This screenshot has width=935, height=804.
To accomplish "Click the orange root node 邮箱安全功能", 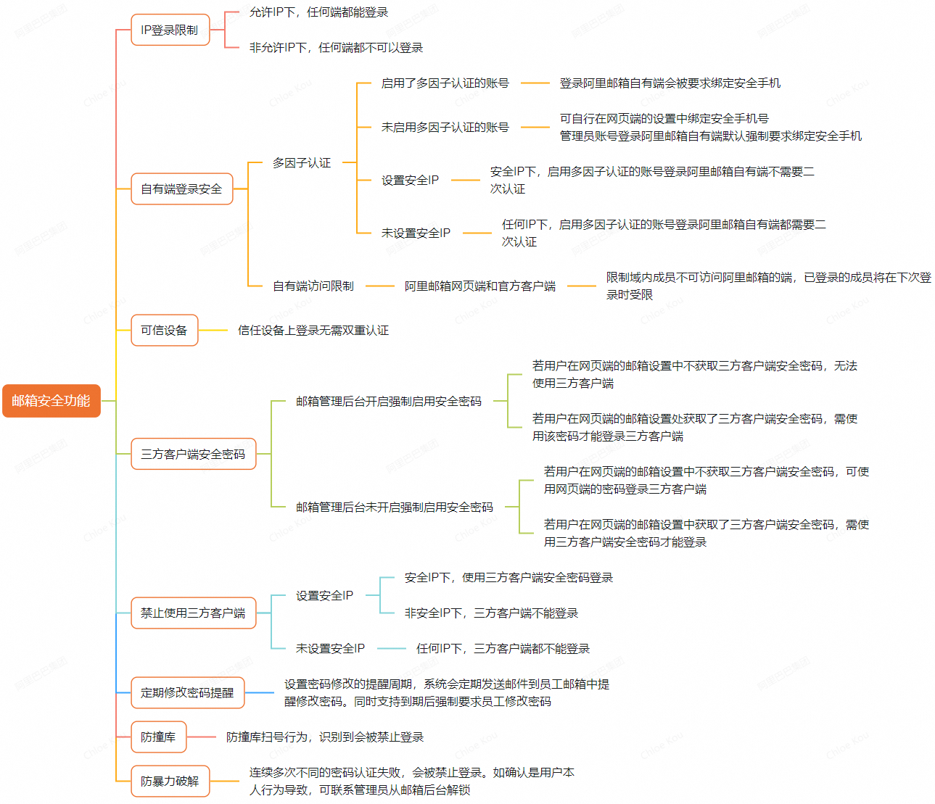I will point(51,401).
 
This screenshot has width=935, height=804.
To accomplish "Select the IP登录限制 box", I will point(170,30).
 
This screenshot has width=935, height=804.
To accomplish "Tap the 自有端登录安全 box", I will point(181,189).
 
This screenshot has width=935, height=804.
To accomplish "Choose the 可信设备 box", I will point(164,331).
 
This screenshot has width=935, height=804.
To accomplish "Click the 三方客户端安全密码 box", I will point(193,454).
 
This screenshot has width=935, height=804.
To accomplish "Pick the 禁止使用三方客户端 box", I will point(193,613).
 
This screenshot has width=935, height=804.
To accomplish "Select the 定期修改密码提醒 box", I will point(187,692).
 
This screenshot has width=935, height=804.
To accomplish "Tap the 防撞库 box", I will point(158,737).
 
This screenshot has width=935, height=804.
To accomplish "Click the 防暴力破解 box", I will point(170,781).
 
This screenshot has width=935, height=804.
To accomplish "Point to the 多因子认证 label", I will point(302,163).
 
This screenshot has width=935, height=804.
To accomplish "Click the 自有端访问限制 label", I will point(313,286).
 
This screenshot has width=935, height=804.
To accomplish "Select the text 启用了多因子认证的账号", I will point(445,83).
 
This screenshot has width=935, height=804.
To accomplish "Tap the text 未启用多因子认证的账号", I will point(445,128).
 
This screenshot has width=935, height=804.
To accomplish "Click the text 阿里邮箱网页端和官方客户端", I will point(480,286).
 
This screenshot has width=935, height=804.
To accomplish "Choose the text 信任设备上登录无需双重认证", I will point(313,331).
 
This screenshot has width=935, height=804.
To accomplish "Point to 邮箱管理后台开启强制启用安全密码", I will point(389,401).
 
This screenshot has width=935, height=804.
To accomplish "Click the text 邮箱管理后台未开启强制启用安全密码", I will point(395,507).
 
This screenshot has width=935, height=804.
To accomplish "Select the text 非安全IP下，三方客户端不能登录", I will point(492,613).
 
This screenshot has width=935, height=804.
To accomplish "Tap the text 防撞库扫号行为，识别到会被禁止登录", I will point(325,737).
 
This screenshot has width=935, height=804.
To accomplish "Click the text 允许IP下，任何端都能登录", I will point(319,12).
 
